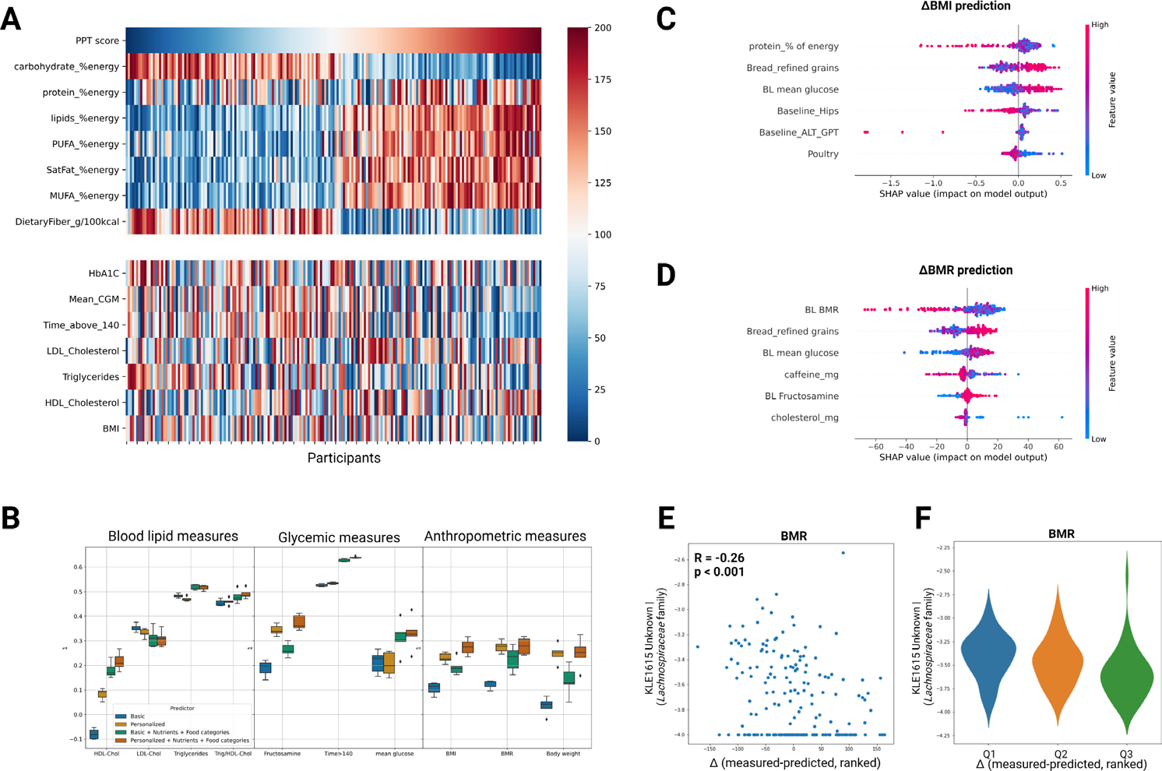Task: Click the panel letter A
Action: click(11, 18)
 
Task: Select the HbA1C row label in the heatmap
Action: click(104, 273)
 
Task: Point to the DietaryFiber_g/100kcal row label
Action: click(67, 222)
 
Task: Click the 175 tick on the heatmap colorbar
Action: click(602, 79)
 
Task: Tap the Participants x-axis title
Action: click(343, 458)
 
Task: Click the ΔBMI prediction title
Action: click(965, 6)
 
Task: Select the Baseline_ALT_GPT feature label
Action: click(798, 132)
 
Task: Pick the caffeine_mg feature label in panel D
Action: click(811, 375)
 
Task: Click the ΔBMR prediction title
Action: click(965, 270)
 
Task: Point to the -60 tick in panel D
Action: click(877, 447)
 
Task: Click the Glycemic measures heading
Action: click(339, 537)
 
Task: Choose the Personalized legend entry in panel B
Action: click(147, 724)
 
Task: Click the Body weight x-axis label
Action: click(563, 754)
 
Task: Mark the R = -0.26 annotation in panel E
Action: click(719, 558)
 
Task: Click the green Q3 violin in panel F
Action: click(1126, 670)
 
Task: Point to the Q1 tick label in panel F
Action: click(988, 754)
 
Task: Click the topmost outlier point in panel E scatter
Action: click(843, 553)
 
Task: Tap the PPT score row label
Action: click(97, 40)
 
